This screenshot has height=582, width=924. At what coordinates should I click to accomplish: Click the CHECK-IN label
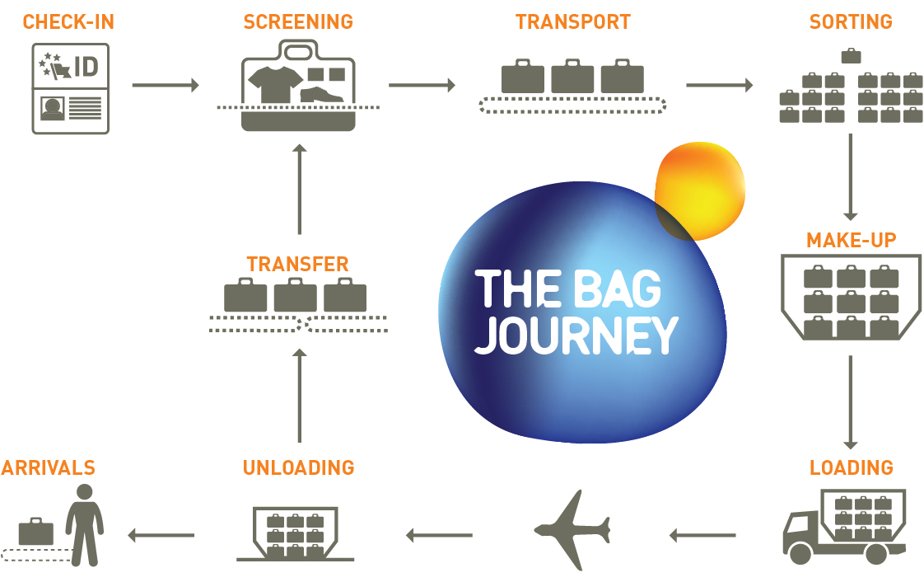[x=68, y=22]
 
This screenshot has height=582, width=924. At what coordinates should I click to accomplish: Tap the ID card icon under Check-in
[x=71, y=89]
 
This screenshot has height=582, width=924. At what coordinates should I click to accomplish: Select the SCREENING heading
[x=298, y=22]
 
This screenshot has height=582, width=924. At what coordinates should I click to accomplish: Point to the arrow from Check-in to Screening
[x=166, y=85]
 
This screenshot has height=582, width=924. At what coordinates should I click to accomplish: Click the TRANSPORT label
[x=573, y=22]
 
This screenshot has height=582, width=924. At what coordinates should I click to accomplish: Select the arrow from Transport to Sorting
[x=719, y=85]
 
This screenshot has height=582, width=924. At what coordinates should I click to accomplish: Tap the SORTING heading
[x=851, y=22]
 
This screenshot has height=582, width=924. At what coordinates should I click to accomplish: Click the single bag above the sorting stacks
[x=851, y=56]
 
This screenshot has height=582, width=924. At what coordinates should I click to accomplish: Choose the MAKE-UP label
[x=851, y=241]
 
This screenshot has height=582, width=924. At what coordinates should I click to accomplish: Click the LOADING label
[x=851, y=468]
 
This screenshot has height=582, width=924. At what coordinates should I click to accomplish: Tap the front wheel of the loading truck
[x=800, y=553]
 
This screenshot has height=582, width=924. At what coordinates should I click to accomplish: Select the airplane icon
[x=572, y=529]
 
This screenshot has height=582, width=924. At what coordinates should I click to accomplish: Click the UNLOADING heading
[x=298, y=468]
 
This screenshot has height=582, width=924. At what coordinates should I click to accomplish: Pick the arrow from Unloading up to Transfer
[x=299, y=396]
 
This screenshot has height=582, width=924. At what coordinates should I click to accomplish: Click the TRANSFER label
[x=297, y=265]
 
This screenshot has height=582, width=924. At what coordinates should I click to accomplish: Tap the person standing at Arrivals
[x=84, y=524]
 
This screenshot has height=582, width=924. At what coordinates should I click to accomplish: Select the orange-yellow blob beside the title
[x=701, y=190]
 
